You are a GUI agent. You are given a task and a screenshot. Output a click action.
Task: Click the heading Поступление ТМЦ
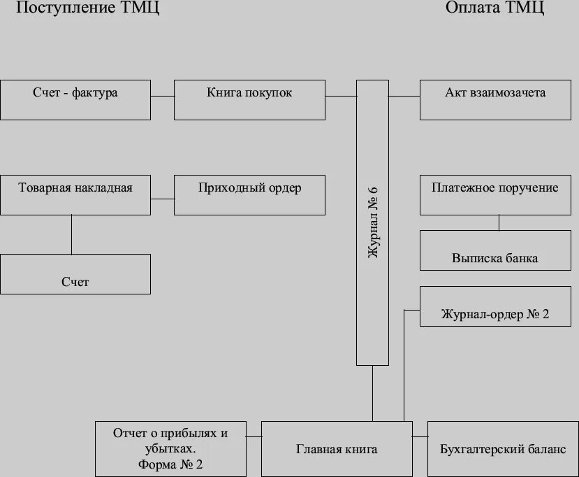click(x=88, y=9)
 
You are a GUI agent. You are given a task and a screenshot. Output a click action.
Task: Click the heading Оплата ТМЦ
click(x=494, y=8)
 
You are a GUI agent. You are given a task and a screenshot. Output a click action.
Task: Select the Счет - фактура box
click(x=75, y=99)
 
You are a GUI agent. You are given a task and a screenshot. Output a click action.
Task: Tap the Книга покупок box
click(x=249, y=99)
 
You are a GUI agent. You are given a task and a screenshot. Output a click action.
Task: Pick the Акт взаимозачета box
click(x=495, y=99)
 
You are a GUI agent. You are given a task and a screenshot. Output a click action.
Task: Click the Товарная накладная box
click(x=75, y=194)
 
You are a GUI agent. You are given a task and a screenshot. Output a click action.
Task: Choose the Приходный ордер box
click(x=249, y=194)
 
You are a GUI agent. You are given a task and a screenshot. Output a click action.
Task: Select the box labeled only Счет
click(x=75, y=274)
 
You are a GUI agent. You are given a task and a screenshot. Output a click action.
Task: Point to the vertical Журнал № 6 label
click(x=373, y=222)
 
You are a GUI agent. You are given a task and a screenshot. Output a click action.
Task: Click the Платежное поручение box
click(x=495, y=194)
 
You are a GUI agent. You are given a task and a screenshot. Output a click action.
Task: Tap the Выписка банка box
click(x=495, y=250)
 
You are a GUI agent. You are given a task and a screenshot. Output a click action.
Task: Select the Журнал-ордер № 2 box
click(x=495, y=306)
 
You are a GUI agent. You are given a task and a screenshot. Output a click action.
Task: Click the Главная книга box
click(x=337, y=448)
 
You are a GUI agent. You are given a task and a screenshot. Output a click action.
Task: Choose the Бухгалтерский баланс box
click(x=503, y=448)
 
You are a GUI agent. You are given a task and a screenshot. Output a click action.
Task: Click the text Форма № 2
click(x=170, y=464)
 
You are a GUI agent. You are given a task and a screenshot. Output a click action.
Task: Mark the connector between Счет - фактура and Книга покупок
click(x=162, y=96)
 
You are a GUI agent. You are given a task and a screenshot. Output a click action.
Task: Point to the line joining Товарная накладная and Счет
click(x=72, y=234)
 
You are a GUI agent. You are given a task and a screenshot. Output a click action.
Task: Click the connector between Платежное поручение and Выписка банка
click(x=499, y=222)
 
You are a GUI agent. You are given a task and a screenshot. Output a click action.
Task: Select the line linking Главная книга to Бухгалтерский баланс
click(x=419, y=437)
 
